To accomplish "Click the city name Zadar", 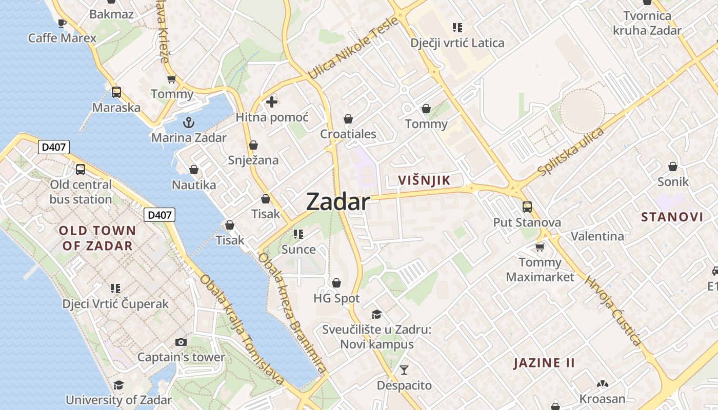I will (337, 202).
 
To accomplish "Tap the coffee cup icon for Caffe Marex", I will (62, 23).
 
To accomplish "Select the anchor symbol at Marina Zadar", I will (189, 122).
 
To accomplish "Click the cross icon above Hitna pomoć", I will (272, 102).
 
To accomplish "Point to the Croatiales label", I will (348, 134).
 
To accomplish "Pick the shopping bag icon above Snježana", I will (253, 146).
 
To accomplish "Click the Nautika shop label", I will (194, 184).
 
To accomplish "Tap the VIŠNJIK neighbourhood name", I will (424, 180).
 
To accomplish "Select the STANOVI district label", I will (672, 217).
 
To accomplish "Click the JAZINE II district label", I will (544, 363).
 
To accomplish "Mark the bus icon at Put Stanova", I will (527, 207).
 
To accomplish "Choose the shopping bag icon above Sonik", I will (673, 167).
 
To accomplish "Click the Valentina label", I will (597, 236).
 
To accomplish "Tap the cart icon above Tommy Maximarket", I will (540, 248).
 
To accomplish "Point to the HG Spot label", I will (336, 298).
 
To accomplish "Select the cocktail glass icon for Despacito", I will (404, 370).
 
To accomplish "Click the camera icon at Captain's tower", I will (181, 342).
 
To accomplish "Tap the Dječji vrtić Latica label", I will (457, 43).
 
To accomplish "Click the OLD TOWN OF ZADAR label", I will (97, 238).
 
